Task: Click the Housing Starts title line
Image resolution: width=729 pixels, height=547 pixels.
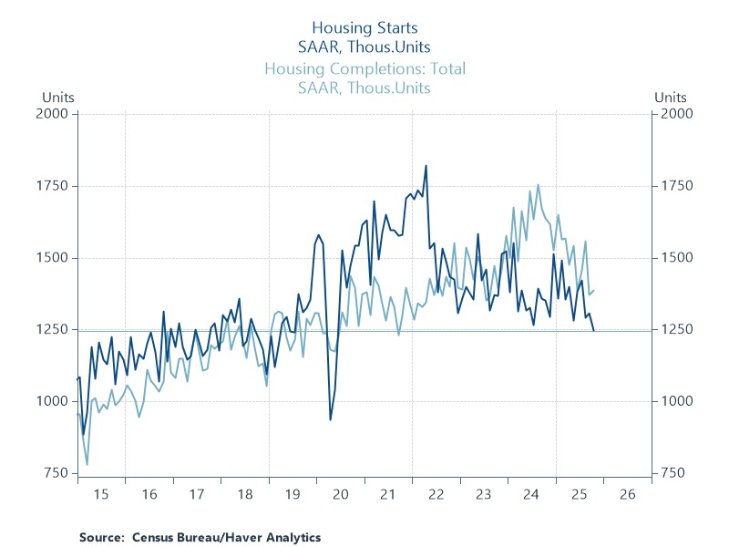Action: pos(364,28)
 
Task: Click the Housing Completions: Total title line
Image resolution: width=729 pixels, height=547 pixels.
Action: pos(364,69)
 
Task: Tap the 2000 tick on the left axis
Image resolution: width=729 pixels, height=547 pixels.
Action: pos(55,114)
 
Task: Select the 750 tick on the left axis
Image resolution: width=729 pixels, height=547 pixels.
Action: pos(57,473)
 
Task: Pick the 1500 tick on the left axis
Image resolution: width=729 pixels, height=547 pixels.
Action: pos(55,258)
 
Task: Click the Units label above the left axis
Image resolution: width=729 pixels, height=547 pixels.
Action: pos(56,97)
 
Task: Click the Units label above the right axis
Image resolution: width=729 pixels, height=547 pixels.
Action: pos(671,97)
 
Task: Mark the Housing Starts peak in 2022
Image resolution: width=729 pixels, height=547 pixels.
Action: pos(426,166)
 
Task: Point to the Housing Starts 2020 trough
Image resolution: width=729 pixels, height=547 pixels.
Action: pos(330,419)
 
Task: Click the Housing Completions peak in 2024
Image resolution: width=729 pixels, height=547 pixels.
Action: pos(538,185)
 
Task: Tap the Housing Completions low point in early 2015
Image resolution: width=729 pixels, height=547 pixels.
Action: pos(87,464)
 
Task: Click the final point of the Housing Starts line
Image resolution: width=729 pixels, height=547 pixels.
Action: pos(594,331)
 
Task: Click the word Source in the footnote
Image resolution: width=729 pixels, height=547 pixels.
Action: pos(100,537)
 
